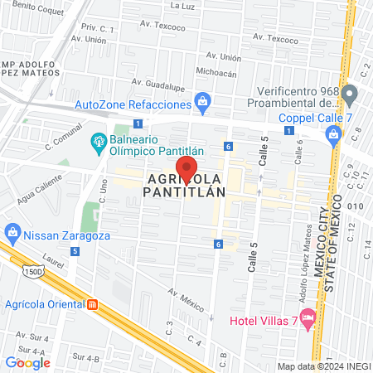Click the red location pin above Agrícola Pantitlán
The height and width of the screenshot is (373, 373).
click(x=186, y=168)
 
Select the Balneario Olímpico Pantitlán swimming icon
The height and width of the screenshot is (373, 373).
click(x=97, y=142)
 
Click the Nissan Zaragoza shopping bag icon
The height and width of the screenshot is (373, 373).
click(x=12, y=230)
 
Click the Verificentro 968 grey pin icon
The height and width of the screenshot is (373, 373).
click(x=350, y=94)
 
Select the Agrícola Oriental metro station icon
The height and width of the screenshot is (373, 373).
click(x=93, y=303)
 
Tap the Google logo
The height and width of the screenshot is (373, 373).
click(x=27, y=362)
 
